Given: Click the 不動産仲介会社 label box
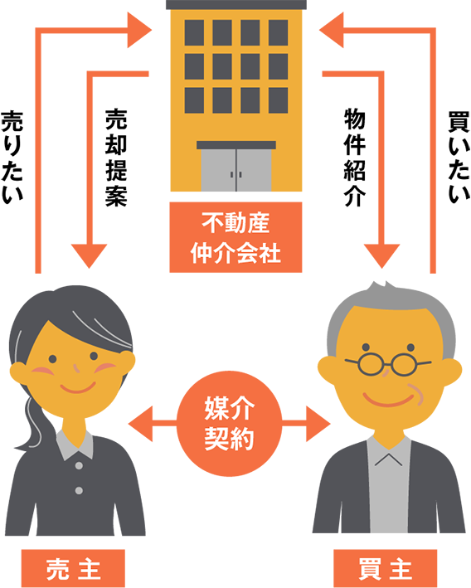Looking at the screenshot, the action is coord(235,237).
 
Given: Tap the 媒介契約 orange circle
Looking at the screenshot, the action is coord(229,423).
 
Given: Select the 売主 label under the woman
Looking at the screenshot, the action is coord(73,568).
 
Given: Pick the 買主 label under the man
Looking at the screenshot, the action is coord(385,568).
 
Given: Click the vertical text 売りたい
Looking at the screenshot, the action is coord(12,158).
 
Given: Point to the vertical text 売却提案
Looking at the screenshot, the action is coord(116,158).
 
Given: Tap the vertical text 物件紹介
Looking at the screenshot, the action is coord(355,158).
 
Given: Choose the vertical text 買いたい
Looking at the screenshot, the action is coord(459,158).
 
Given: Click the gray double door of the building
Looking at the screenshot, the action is coord(235,170).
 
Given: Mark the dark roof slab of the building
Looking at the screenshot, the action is coord(236,4).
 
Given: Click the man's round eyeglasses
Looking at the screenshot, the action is coord(388,364).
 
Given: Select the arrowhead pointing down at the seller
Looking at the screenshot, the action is coord(90,255).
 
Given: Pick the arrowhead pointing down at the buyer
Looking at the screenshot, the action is coord(381,255).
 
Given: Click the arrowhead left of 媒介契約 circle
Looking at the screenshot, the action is coord(141,424).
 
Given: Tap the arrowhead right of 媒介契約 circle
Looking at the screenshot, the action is coord(318,424).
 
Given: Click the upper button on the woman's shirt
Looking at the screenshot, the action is coord(79,466).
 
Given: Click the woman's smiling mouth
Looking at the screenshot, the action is coord(78,388).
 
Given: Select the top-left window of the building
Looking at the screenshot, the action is coord(194,32).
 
